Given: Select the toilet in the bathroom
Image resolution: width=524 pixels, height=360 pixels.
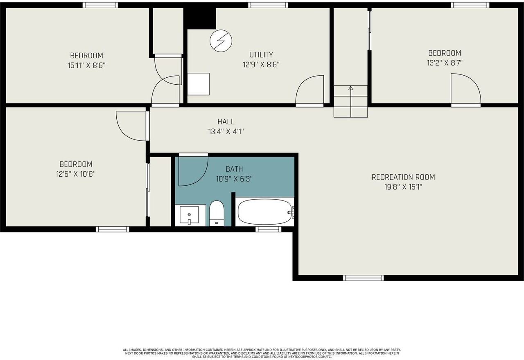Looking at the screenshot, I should [x=216, y=213].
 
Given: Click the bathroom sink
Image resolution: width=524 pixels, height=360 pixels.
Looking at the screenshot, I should [x=189, y=214].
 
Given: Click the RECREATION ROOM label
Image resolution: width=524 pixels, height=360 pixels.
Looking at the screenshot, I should [x=403, y=177].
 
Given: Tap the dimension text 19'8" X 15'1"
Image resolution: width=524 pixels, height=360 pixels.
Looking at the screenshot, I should [x=403, y=187].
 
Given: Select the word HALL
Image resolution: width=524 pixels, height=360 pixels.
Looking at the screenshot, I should [x=226, y=122].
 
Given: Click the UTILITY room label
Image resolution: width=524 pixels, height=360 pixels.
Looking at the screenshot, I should [x=261, y=54].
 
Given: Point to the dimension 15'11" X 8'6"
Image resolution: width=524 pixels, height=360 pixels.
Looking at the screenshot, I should [x=86, y=65].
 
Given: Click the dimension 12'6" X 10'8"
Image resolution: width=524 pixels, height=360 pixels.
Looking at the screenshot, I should [x=76, y=174].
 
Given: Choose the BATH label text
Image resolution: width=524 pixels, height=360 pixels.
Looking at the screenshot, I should [x=234, y=169].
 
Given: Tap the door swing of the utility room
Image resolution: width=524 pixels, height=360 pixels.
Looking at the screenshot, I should [x=310, y=90].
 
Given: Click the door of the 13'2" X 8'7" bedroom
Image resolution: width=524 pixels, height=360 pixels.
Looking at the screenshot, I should [x=466, y=89].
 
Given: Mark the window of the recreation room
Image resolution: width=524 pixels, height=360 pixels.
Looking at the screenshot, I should [x=363, y=278].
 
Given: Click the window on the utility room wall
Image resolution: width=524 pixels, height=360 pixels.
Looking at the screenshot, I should [x=268, y=5].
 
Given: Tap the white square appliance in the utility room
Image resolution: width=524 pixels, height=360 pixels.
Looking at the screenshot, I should [x=199, y=84].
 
